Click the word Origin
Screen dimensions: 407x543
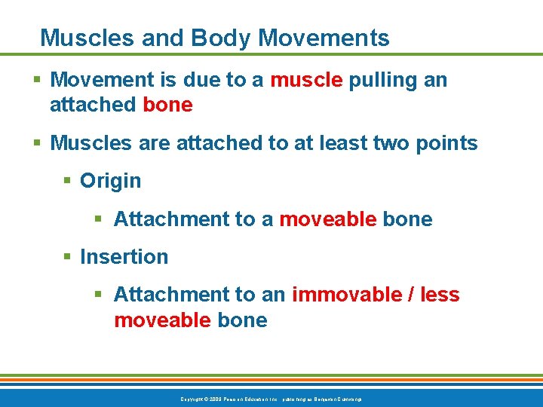pyautogui.click(x=110, y=181)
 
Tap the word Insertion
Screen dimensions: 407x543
pyautogui.click(x=124, y=257)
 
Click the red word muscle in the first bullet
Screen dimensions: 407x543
pyautogui.click(x=306, y=80)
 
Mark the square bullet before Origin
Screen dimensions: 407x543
pyautogui.click(x=67, y=182)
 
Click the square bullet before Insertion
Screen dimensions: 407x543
pyautogui.click(x=67, y=257)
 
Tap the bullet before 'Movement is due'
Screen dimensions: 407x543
pyautogui.click(x=37, y=81)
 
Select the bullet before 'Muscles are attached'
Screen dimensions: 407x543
pyautogui.click(x=37, y=144)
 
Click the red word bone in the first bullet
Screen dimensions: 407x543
pyautogui.click(x=167, y=105)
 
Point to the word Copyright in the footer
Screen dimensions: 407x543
pyautogui.click(x=193, y=398)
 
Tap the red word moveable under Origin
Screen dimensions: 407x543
pyautogui.click(x=327, y=219)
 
